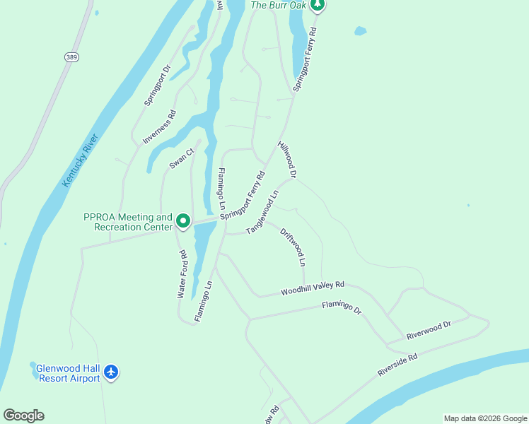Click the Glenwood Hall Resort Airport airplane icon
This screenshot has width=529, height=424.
111,372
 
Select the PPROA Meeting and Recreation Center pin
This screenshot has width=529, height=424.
183,222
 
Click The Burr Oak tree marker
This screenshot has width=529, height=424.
318,6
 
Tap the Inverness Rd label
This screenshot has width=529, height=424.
159,127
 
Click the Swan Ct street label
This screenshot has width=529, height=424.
181,159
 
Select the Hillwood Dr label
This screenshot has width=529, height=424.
286,158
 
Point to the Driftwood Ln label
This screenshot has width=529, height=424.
293,247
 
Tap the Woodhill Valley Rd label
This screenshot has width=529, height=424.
312,288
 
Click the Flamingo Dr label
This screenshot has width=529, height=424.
342,307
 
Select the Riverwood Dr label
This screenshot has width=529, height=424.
429,330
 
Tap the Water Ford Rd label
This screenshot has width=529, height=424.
182,273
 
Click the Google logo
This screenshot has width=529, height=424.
23,415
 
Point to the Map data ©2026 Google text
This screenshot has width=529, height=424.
484,418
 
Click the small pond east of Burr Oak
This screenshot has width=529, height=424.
360,31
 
